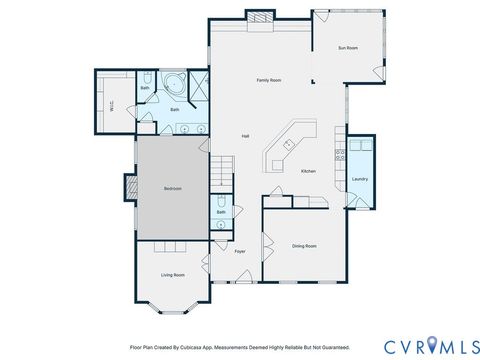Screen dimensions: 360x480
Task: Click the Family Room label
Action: click(x=268, y=79)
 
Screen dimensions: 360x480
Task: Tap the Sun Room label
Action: click(x=348, y=47)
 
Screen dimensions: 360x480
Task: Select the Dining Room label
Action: click(x=304, y=245)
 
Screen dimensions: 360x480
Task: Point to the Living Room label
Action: click(x=173, y=275)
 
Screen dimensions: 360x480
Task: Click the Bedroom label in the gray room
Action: click(x=173, y=188)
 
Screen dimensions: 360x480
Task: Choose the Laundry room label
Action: click(x=360, y=179)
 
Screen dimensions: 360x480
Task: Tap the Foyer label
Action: click(x=240, y=251)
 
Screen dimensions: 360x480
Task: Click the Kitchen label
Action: click(x=309, y=171)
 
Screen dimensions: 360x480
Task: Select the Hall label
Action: click(x=245, y=136)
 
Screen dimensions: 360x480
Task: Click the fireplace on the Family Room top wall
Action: click(x=260, y=16)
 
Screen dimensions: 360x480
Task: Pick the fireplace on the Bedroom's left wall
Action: click(x=130, y=187)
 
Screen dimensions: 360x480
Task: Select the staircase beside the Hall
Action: click(x=221, y=171)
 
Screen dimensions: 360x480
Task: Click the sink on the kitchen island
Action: click(x=287, y=142)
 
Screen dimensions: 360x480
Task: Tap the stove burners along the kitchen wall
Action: click(x=341, y=154)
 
